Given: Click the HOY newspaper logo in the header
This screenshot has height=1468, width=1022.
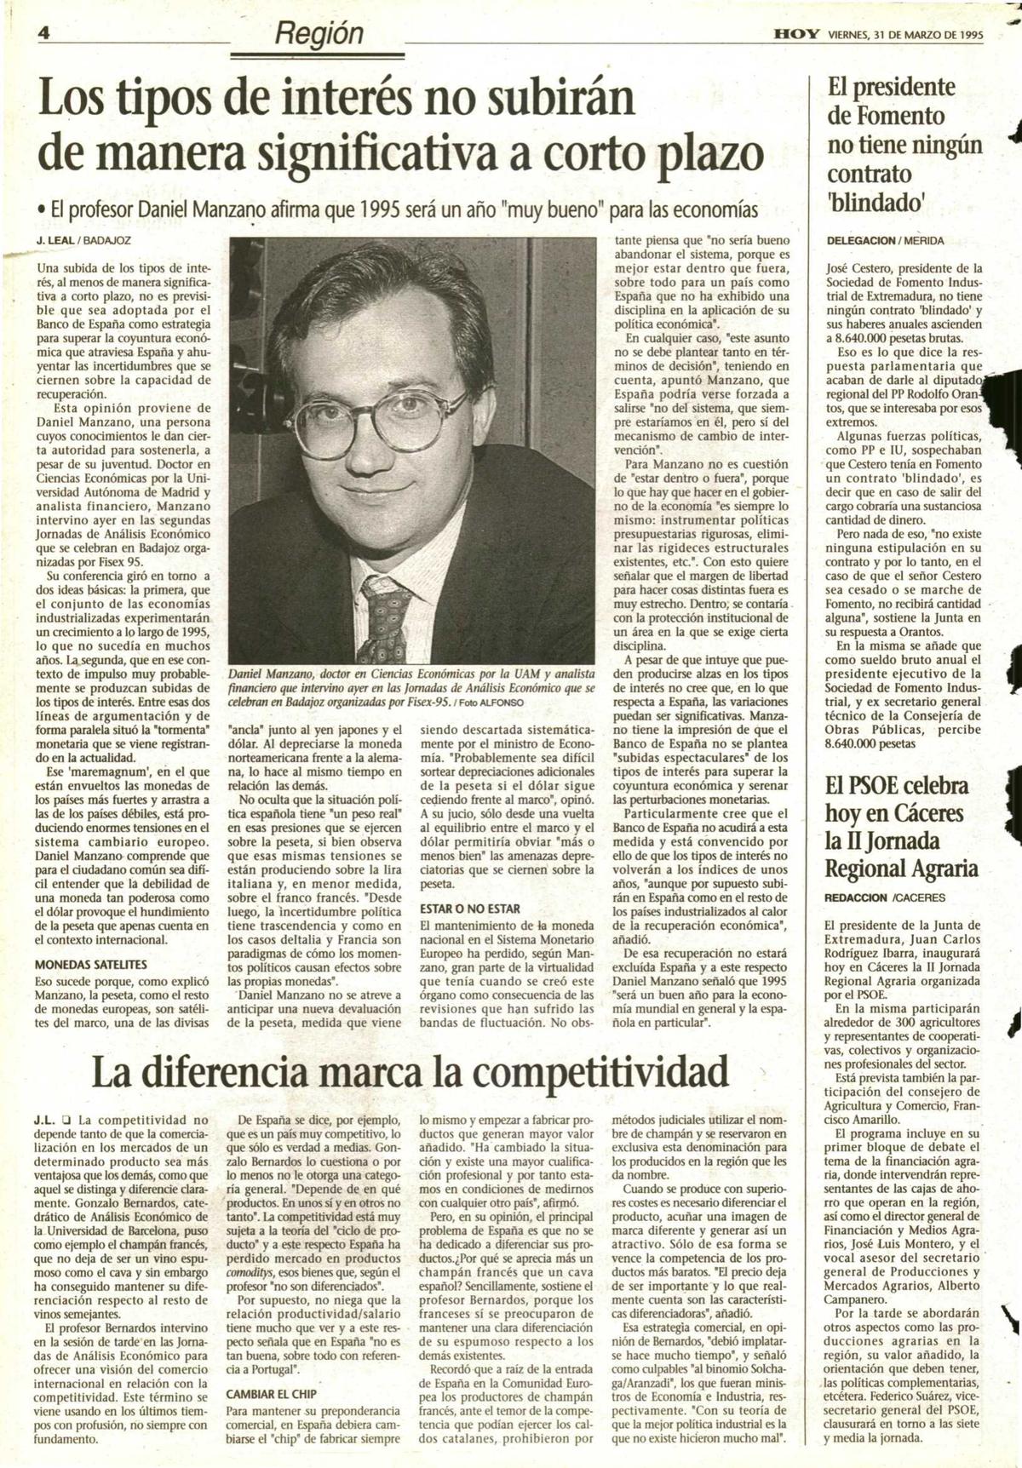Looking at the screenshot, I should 796,36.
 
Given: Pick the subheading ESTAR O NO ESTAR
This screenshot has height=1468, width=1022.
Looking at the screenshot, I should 470,909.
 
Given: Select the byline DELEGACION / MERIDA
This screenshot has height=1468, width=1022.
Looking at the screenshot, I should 886,241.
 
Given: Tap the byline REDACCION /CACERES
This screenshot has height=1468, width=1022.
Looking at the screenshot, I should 885,897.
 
